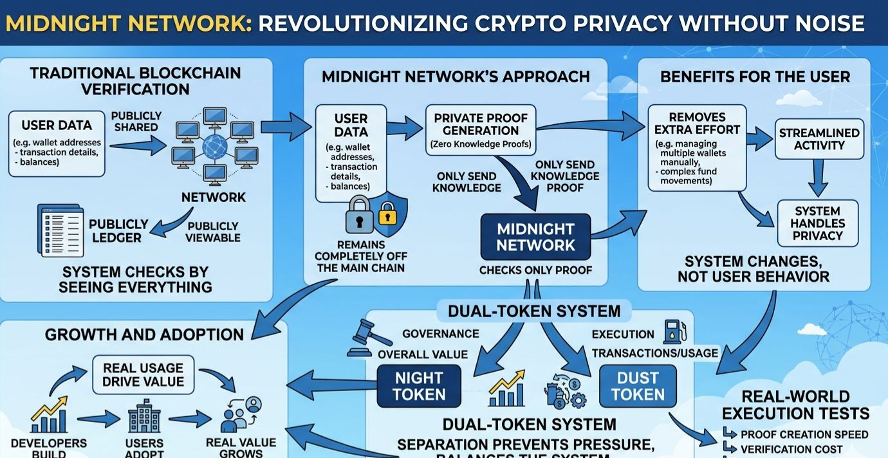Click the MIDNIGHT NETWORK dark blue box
[535, 237]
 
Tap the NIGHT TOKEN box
[419, 386]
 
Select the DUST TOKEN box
[638, 386]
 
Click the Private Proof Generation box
[480, 130]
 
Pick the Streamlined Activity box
[819, 139]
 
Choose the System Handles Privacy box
[818, 223]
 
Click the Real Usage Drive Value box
[143, 374]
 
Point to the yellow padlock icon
[387, 212]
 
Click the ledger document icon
[61, 230]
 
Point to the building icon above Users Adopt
[144, 419]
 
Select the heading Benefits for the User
[755, 77]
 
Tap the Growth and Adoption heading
[144, 334]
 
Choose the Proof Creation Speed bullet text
[804, 435]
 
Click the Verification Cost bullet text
[791, 450]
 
